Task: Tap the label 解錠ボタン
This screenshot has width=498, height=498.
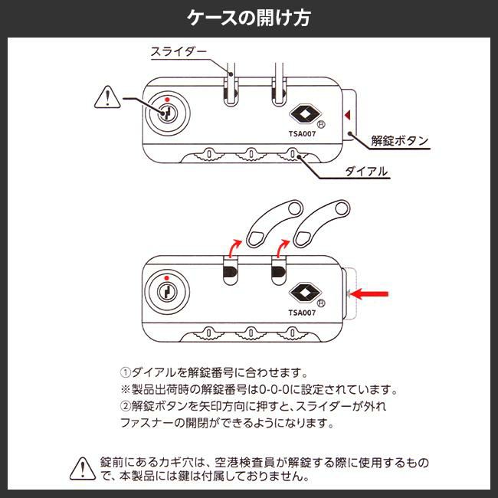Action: tap(399, 140)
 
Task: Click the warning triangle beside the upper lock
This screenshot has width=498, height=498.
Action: tap(106, 99)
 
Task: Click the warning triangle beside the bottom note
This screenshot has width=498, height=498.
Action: tap(82, 467)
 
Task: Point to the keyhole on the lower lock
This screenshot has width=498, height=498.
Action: tap(165, 292)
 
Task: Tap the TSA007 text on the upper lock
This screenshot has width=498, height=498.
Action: tap(302, 133)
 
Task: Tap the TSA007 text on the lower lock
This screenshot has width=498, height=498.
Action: tap(302, 313)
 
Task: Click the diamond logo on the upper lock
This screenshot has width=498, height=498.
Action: tap(300, 115)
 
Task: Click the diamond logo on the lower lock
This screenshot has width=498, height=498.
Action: tap(300, 294)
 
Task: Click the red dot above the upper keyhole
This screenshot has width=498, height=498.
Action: tap(165, 99)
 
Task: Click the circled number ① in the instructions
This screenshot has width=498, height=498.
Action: tap(127, 374)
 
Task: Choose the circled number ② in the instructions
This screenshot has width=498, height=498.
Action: tap(127, 406)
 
